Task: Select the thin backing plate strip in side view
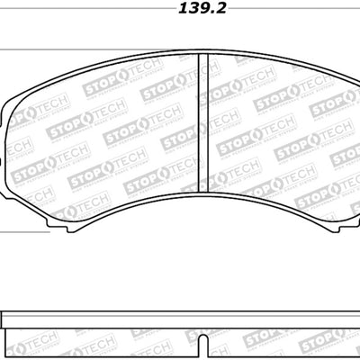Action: tap(180, 318)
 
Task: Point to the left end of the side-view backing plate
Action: tap(4, 318)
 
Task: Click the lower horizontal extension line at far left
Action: tap(11, 230)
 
